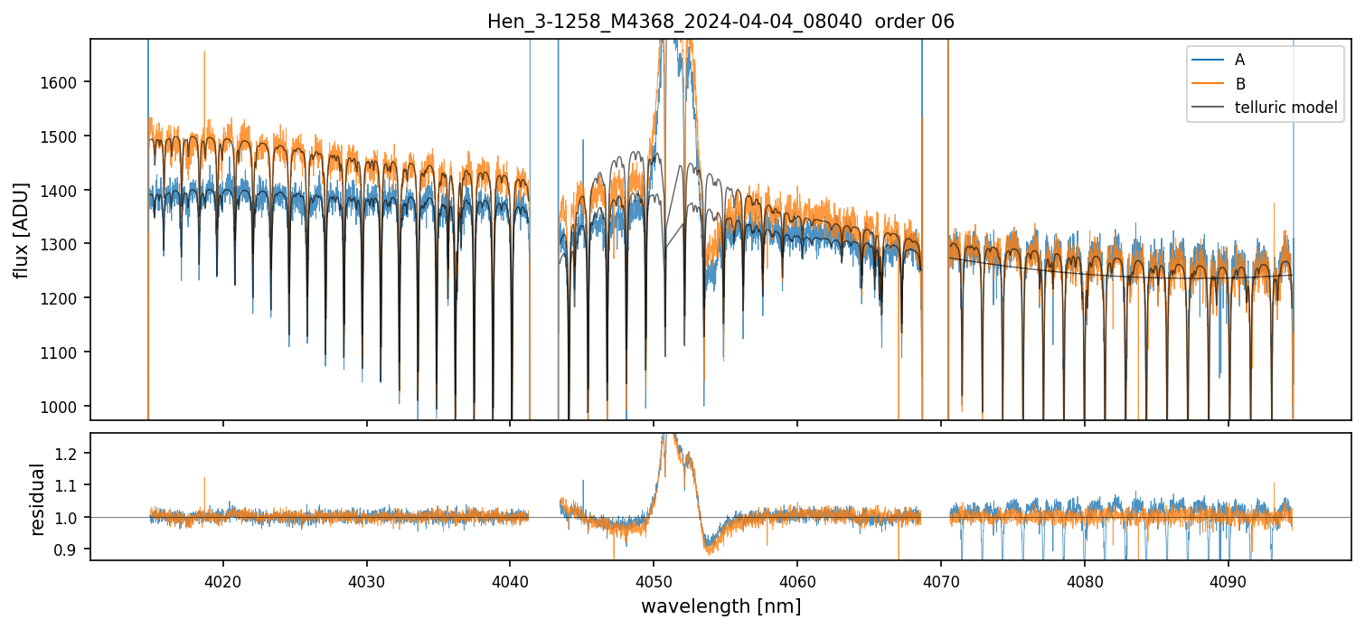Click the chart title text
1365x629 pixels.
tap(720, 22)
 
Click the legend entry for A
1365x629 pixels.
tap(1240, 60)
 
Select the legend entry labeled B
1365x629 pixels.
tap(1240, 84)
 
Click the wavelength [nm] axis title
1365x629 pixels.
tap(720, 606)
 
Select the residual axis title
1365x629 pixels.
tap(38, 499)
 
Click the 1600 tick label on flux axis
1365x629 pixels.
tap(63, 82)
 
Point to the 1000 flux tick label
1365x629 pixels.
tap(63, 407)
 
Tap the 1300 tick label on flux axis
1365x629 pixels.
tap(63, 244)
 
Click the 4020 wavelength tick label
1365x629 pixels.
tap(222, 577)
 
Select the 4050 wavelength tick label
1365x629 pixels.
tap(654, 577)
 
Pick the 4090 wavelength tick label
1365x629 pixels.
tap(1228, 577)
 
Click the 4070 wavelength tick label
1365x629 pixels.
tap(941, 577)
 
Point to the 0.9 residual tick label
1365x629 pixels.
tap(70, 549)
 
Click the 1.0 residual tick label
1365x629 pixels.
tap(70, 517)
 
